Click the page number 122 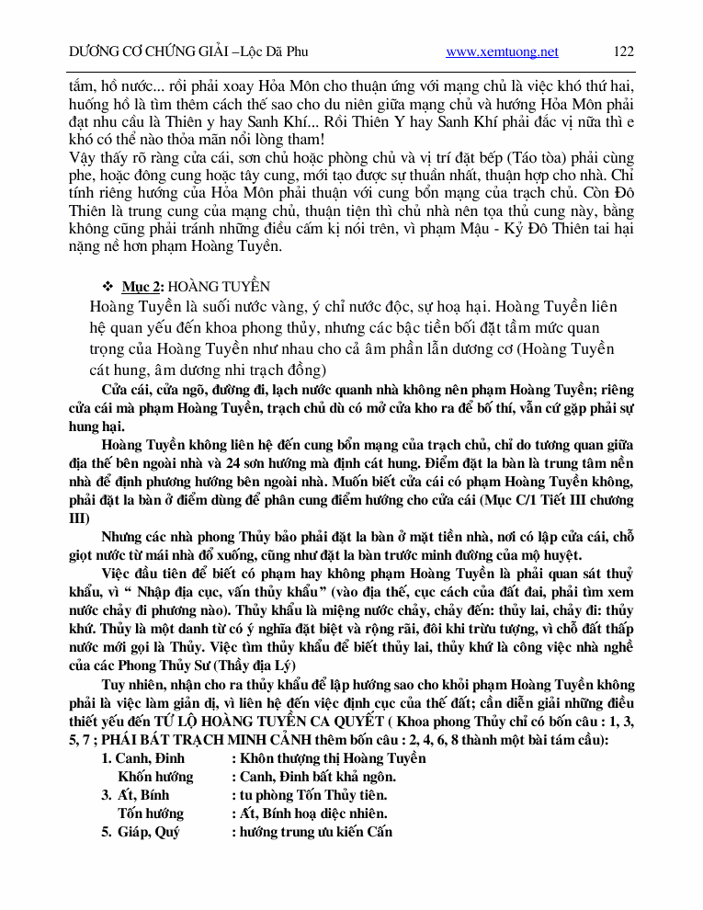pyautogui.click(x=623, y=51)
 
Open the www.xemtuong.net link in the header pyautogui.click(x=502, y=52)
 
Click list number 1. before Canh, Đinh pyautogui.click(x=107, y=758)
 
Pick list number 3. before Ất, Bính pyautogui.click(x=107, y=795)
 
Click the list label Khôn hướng pyautogui.click(x=155, y=777)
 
